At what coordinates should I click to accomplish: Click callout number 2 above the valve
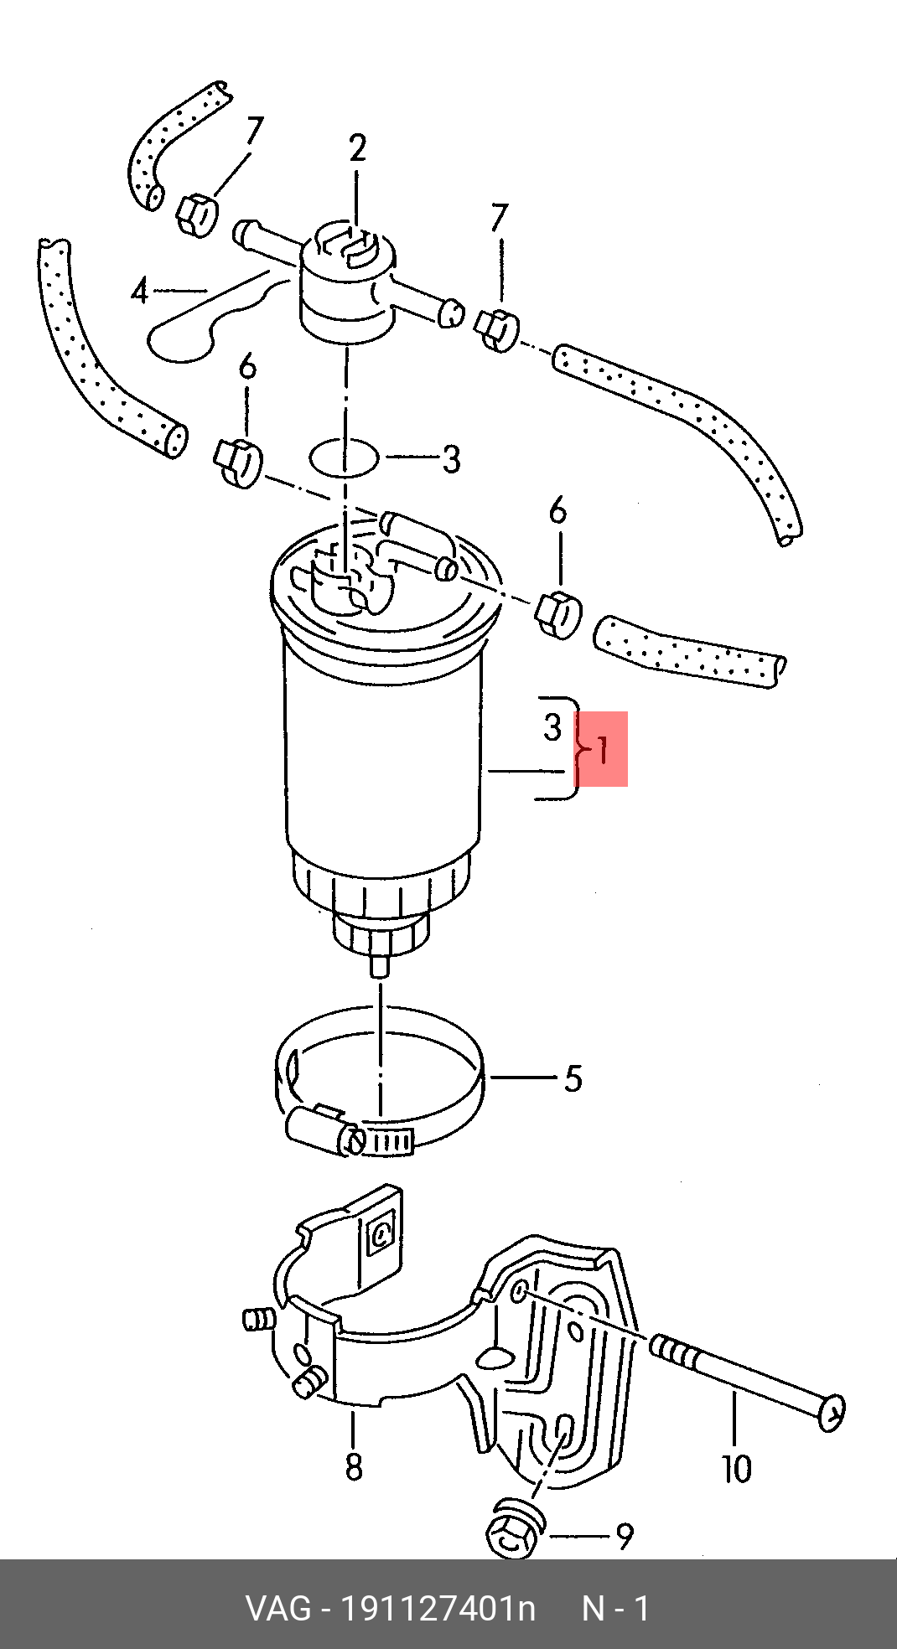[x=358, y=149]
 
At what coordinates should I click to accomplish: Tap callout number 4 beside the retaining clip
[x=140, y=291]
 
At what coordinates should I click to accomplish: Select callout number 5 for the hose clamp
[x=573, y=1078]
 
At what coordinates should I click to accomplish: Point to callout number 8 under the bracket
[x=354, y=1466]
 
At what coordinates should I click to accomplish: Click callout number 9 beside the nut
[x=625, y=1536]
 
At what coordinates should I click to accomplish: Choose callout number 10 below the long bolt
[x=737, y=1468]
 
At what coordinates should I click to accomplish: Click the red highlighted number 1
[x=602, y=749]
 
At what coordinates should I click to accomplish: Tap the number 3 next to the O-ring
[x=451, y=459]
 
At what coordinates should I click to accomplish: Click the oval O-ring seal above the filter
[x=344, y=458]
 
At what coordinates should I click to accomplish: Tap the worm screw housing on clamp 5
[x=314, y=1128]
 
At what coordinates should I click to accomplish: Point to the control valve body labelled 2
[x=346, y=281]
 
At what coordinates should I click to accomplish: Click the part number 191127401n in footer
[x=437, y=1609]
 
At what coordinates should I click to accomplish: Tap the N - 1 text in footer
[x=615, y=1609]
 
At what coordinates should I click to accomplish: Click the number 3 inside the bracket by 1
[x=552, y=727]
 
